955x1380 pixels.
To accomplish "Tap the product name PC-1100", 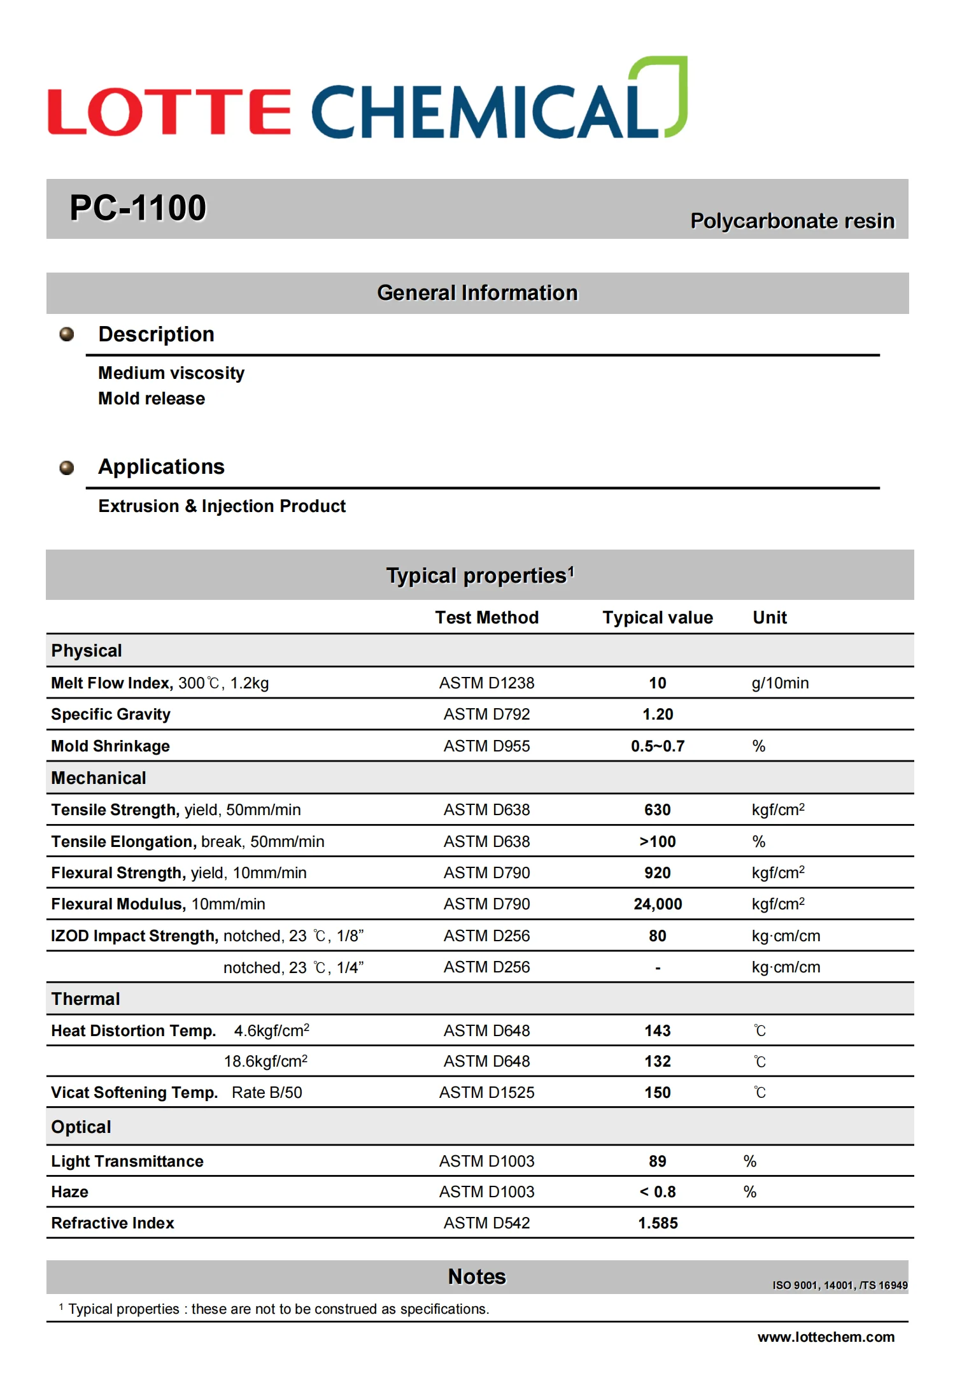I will click(x=138, y=208).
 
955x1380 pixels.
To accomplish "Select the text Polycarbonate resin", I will click(x=792, y=221).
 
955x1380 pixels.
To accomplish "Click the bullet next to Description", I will click(x=66, y=334).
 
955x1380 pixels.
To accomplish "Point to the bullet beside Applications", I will click(x=66, y=468).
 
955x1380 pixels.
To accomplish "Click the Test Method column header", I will click(x=486, y=617).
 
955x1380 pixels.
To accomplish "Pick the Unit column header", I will click(x=769, y=617).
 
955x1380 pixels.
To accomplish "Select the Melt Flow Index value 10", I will click(x=657, y=683).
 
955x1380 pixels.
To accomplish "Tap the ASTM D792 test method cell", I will click(x=486, y=714).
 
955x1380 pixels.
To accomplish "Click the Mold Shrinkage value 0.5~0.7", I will click(x=657, y=746).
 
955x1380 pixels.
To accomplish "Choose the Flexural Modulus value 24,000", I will click(x=657, y=904).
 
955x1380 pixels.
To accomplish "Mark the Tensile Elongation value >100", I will click(x=657, y=841).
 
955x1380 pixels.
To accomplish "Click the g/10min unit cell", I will click(x=779, y=683).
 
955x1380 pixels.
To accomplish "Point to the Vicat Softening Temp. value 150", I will click(x=657, y=1092).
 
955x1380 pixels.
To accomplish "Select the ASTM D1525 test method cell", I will click(x=486, y=1092).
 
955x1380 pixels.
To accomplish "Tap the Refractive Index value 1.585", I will click(x=657, y=1223).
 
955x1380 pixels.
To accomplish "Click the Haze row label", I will click(x=69, y=1191).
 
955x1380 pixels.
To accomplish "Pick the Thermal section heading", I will click(x=85, y=999).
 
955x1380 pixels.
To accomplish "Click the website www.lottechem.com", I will click(x=825, y=1337).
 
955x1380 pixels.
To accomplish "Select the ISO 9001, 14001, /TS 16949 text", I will click(x=839, y=1285).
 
